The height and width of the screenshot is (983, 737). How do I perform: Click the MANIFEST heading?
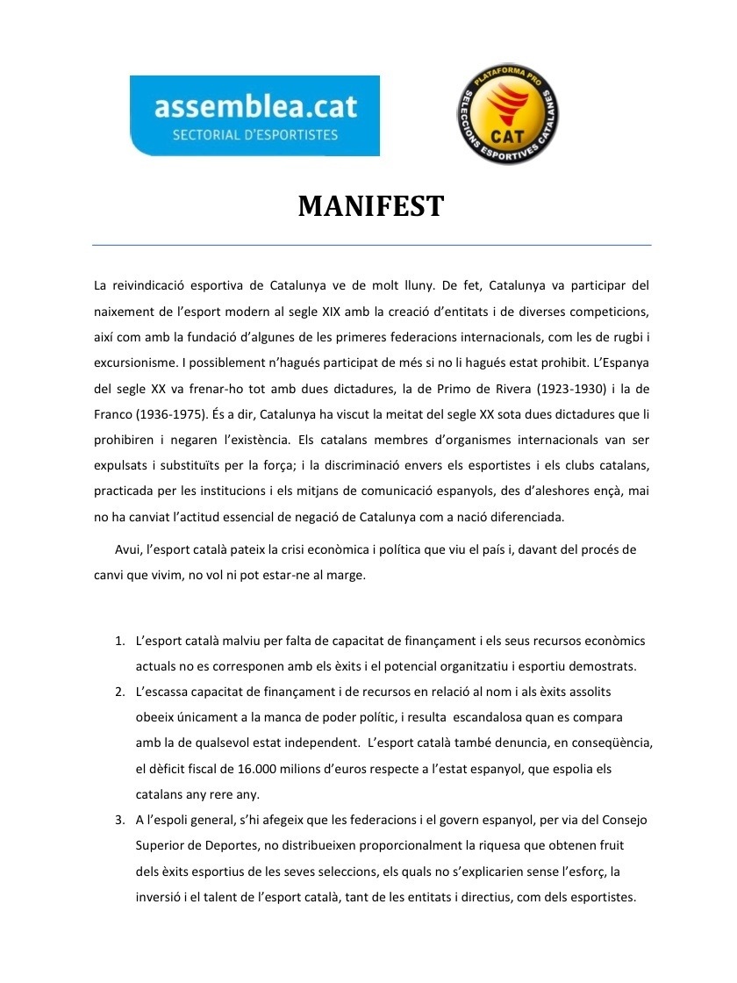(x=370, y=207)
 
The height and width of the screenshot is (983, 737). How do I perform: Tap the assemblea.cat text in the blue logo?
(x=255, y=107)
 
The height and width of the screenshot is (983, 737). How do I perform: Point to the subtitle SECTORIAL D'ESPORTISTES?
(x=255, y=135)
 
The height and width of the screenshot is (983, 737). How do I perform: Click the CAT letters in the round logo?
(x=508, y=135)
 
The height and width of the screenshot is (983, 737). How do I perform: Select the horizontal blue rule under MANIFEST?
(x=372, y=245)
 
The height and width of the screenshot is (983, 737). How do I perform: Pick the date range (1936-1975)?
(x=177, y=413)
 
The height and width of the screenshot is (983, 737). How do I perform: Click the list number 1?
(x=119, y=641)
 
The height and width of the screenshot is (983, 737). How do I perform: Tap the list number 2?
(x=119, y=692)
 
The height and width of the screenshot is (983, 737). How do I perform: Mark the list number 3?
(x=119, y=820)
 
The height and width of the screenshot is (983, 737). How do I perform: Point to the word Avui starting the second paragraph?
(x=128, y=550)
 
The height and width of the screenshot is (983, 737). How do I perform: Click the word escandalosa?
(x=509, y=717)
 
